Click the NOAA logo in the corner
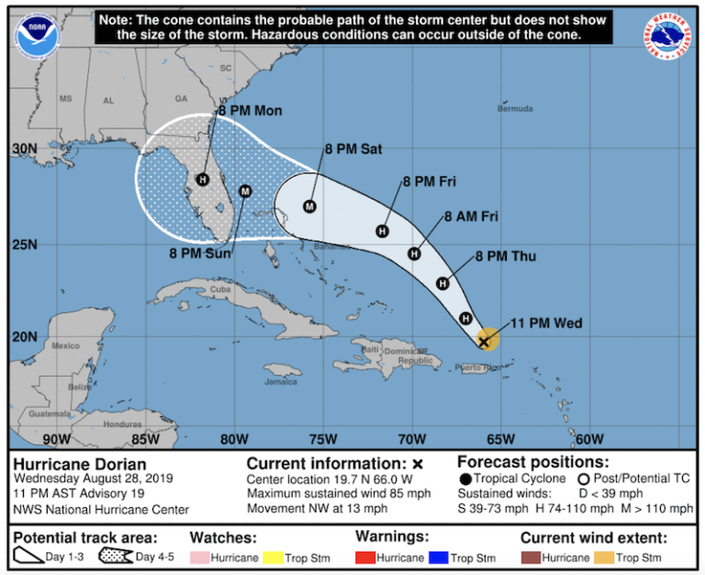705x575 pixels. (x=34, y=33)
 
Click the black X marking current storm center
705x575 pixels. (x=484, y=342)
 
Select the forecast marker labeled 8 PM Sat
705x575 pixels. (x=309, y=206)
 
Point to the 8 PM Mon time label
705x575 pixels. (x=250, y=111)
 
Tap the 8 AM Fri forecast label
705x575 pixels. (x=471, y=217)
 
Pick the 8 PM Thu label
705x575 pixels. (x=506, y=256)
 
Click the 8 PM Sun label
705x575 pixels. (x=201, y=252)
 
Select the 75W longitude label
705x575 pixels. (x=324, y=438)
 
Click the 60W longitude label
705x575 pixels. (x=589, y=438)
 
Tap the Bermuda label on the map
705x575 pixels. (x=514, y=109)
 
